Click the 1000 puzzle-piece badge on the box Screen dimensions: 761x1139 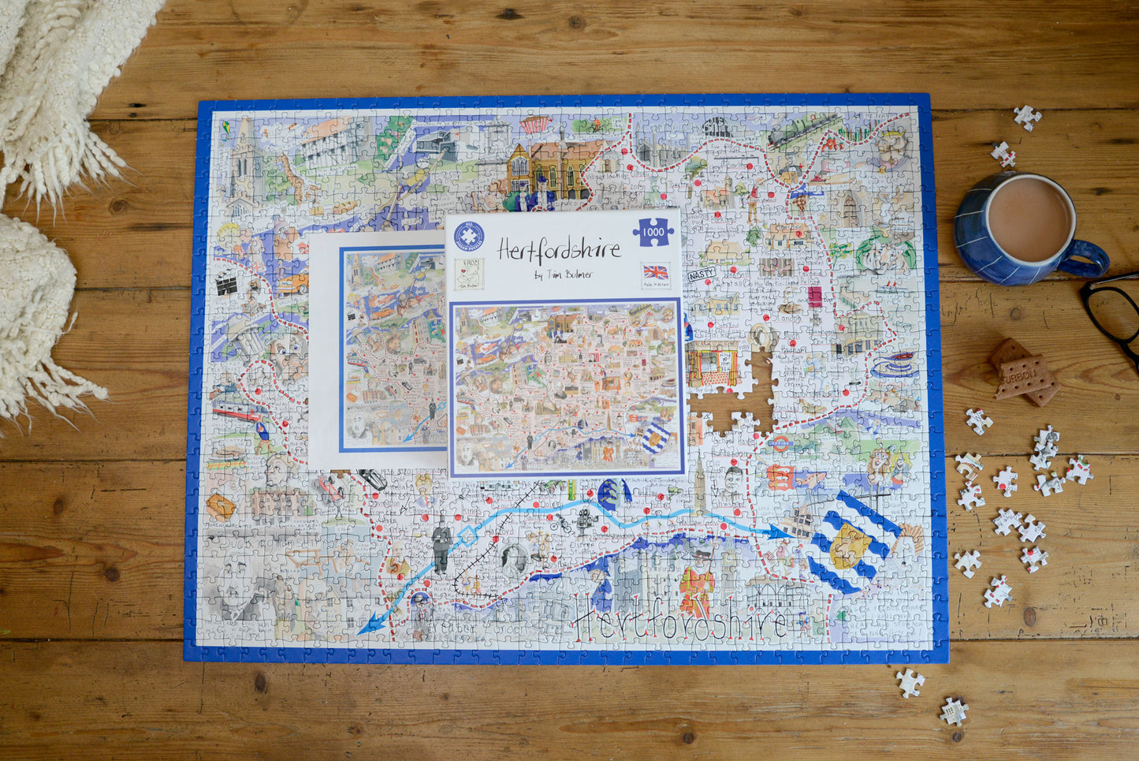pos(653,231)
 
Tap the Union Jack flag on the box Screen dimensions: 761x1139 pos(655,273)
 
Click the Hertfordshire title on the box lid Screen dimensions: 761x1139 pos(559,250)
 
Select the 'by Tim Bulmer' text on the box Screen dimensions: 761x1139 pos(563,275)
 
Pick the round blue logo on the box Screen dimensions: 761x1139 pos(469,236)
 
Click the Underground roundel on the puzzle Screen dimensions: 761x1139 pos(779,443)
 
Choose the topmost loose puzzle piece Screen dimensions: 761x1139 pos(1026,117)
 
